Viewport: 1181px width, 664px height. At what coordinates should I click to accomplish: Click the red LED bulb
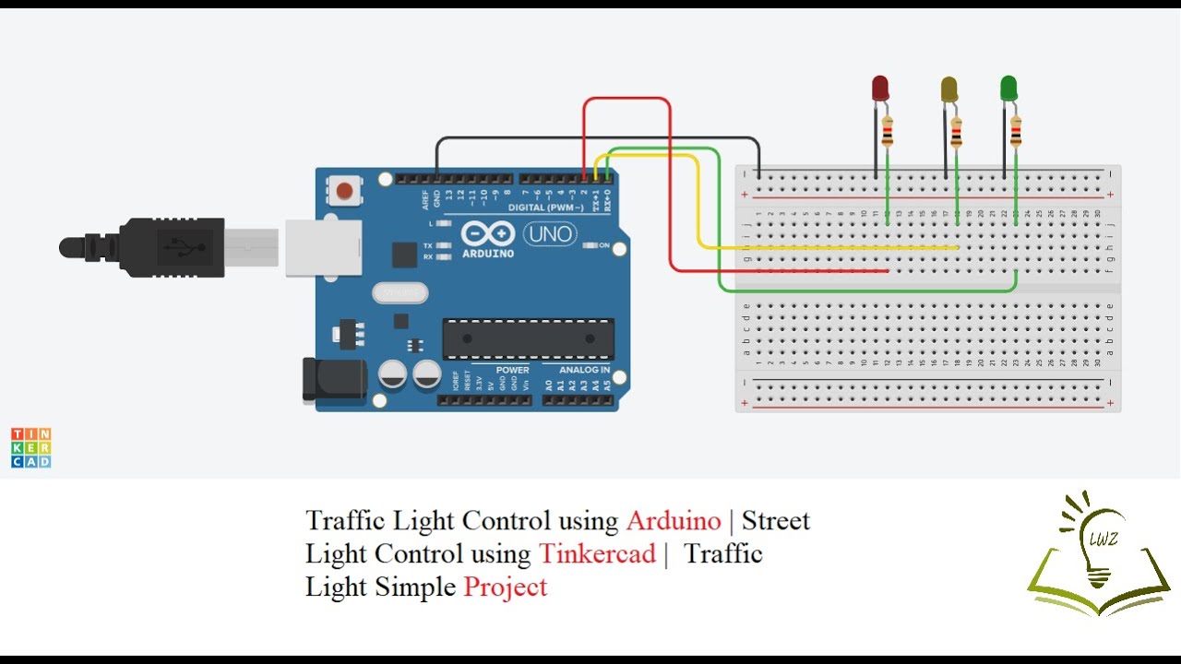click(x=880, y=89)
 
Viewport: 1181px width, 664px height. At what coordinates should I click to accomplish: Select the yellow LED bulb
click(x=948, y=89)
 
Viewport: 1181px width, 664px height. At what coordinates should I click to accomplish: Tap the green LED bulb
click(x=1008, y=89)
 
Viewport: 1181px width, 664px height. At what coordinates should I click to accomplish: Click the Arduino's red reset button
click(x=344, y=191)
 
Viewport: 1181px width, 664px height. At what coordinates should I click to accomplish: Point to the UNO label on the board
click(x=550, y=234)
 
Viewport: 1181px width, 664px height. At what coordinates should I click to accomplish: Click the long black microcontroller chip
click(x=528, y=338)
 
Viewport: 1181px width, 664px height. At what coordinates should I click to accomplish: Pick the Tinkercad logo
click(x=31, y=447)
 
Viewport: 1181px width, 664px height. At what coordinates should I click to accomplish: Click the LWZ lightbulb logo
click(x=1098, y=553)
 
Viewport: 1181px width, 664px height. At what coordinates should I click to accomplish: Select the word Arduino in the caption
click(x=673, y=520)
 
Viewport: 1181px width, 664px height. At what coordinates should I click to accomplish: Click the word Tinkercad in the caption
click(x=596, y=553)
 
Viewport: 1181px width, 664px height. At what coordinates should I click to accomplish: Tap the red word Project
click(x=506, y=587)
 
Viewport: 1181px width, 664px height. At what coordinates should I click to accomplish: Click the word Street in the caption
click(x=775, y=520)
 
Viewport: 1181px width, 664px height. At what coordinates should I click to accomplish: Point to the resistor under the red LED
click(x=887, y=132)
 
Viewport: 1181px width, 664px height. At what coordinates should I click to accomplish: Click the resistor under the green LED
click(x=1015, y=132)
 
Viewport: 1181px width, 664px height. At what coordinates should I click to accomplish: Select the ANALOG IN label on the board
click(x=584, y=370)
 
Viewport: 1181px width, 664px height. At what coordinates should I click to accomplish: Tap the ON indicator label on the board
click(x=604, y=245)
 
